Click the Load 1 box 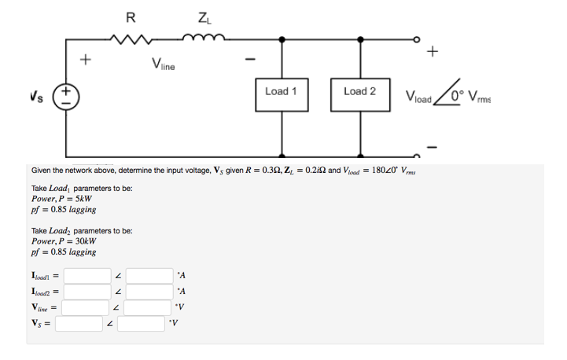coord(282,92)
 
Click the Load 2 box coord(359,92)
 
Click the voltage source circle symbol coord(66,99)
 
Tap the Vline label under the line coord(164,65)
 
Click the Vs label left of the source coord(34,96)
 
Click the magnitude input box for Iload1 coord(88,276)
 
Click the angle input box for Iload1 coord(149,276)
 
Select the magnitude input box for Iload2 coord(88,291)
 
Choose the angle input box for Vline coord(149,306)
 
